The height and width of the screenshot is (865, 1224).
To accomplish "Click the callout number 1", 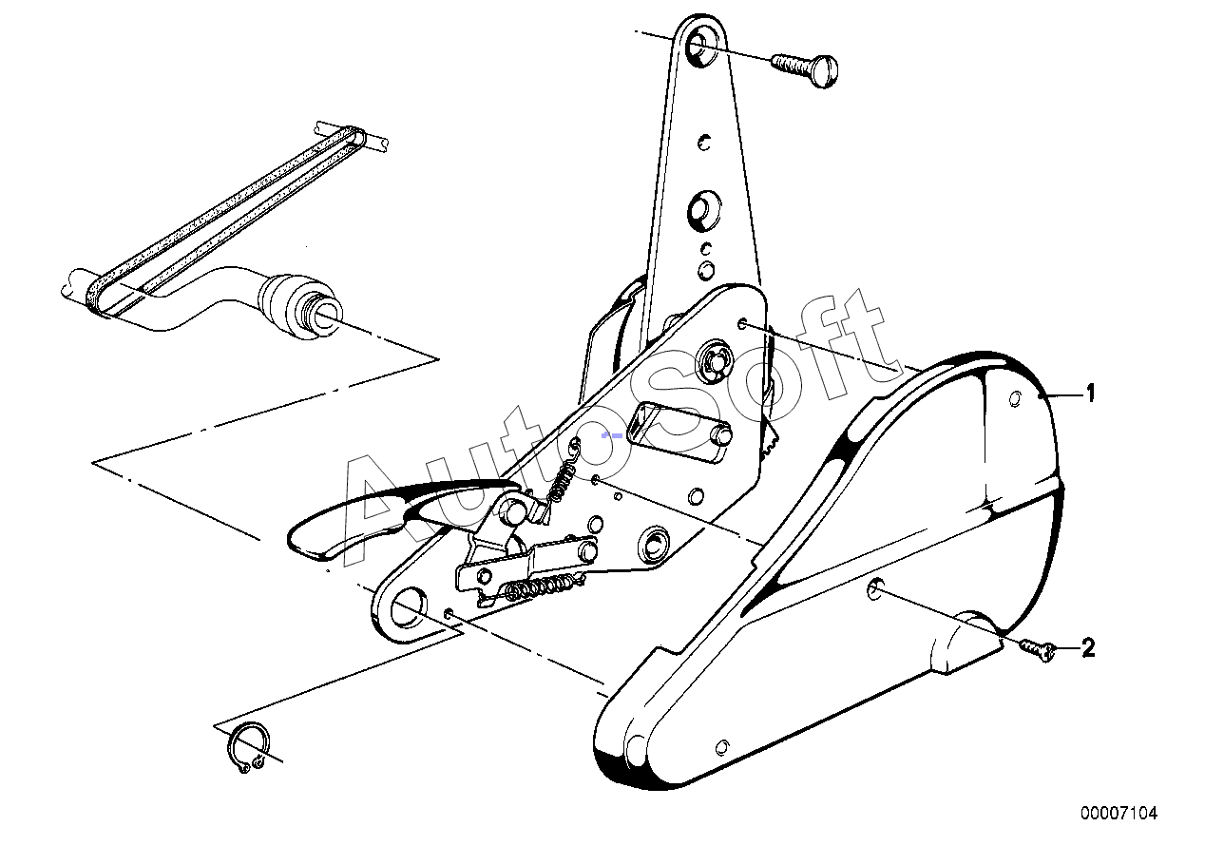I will point(1090,394).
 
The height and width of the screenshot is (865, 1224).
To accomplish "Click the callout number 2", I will point(1088,648).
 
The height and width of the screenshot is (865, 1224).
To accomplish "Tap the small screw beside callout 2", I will point(1038,649).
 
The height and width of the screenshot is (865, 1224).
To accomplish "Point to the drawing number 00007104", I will point(1119,813).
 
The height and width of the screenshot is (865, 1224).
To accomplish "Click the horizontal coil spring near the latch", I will point(542,588).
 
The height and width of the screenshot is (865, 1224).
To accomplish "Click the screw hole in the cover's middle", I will point(873,590).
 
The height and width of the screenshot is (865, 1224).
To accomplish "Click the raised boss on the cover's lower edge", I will point(965,647).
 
